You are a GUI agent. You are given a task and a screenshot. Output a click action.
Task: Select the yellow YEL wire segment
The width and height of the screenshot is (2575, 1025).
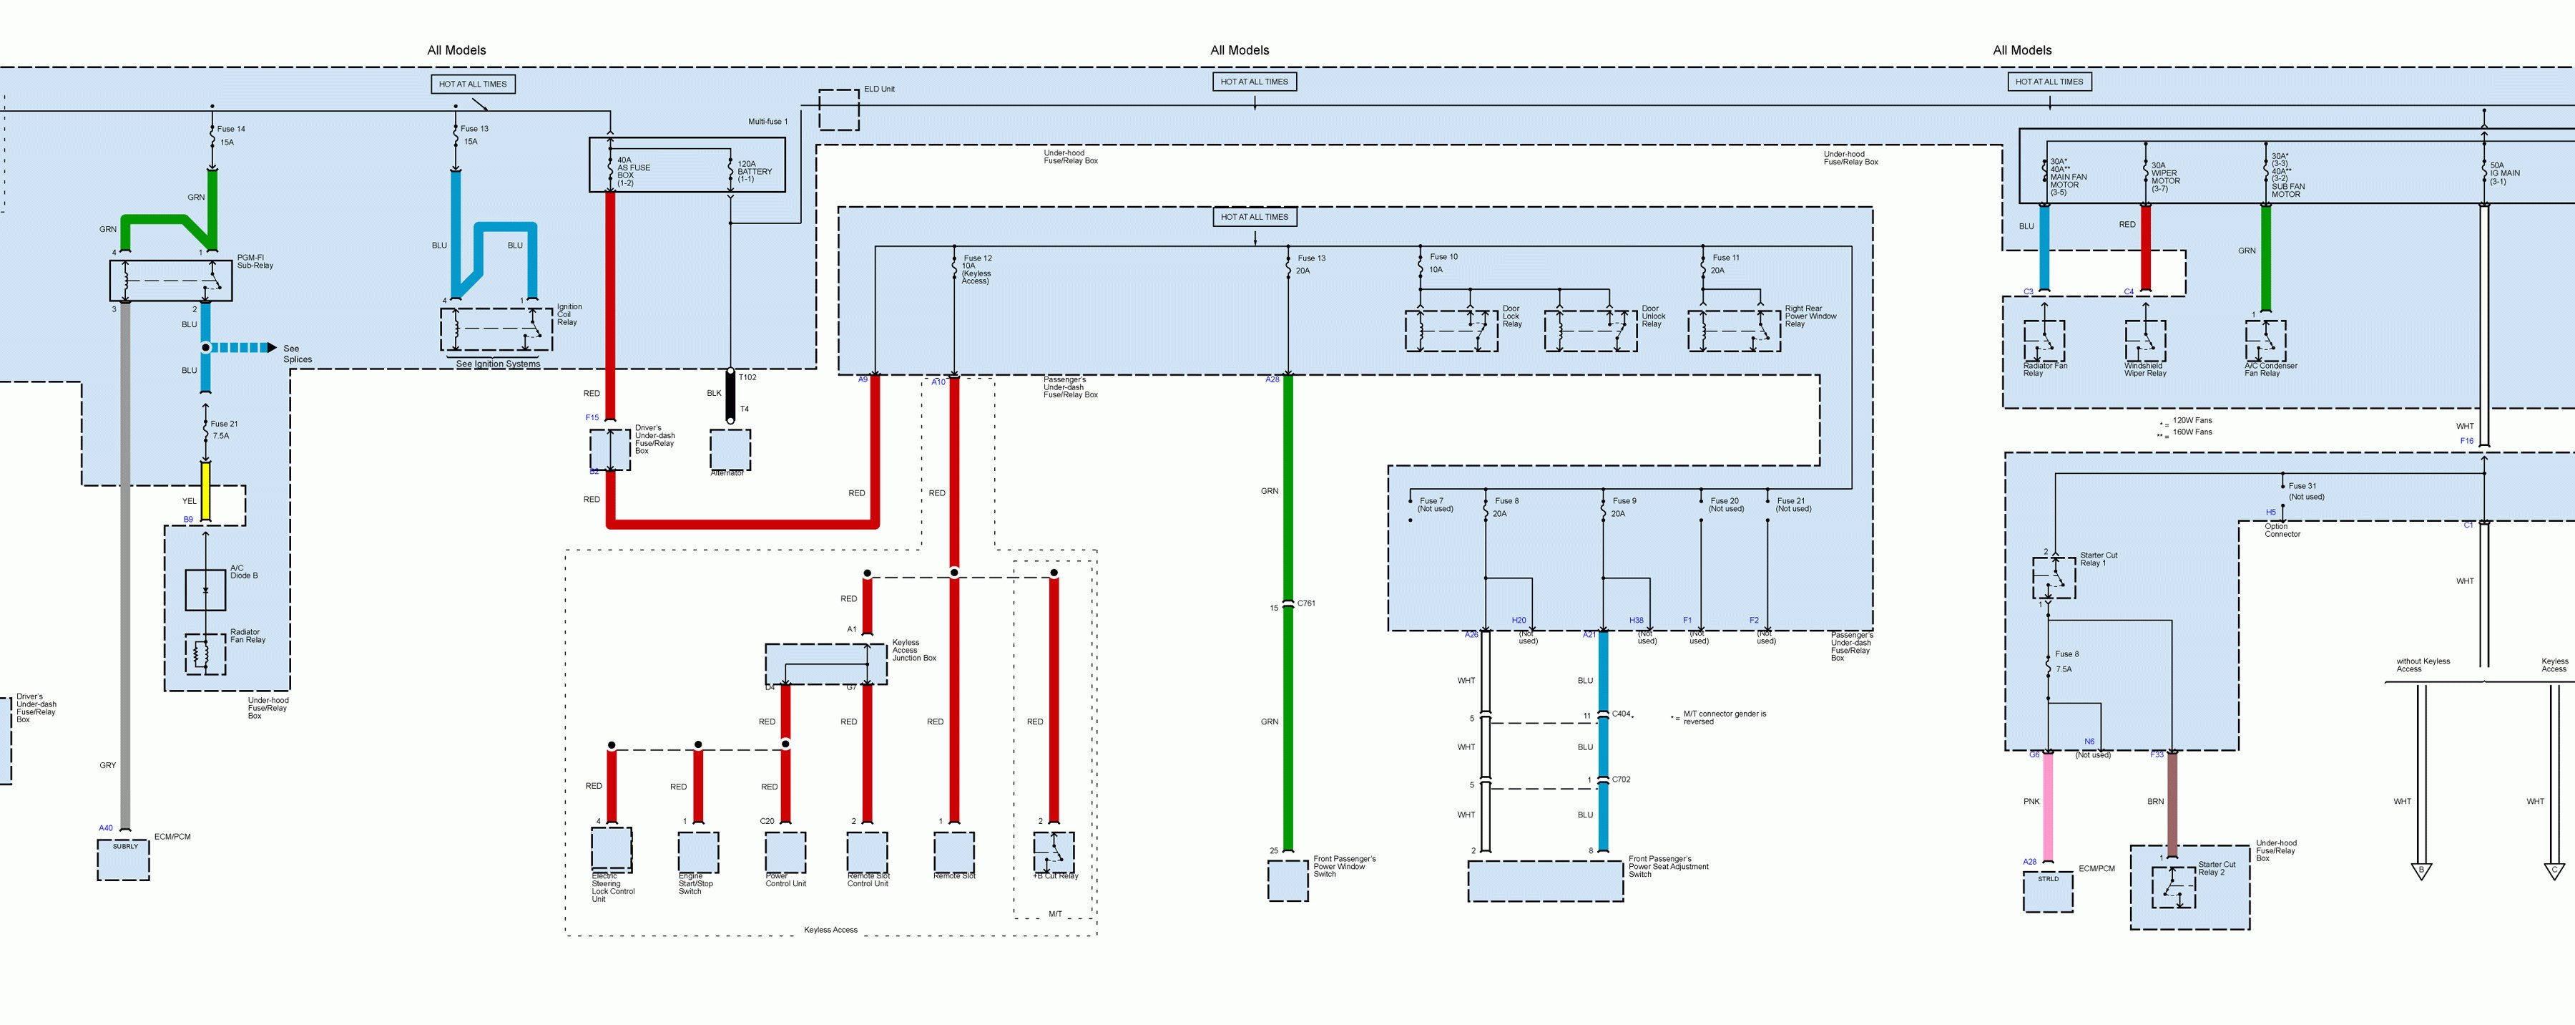pyautogui.click(x=206, y=490)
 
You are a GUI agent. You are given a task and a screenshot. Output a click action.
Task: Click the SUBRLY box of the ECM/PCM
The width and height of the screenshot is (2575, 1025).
pyautogui.click(x=124, y=860)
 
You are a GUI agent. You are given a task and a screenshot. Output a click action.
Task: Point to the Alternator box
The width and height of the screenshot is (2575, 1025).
pyautogui.click(x=730, y=450)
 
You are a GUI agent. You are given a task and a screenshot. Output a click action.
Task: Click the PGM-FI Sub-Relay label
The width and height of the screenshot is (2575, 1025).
pyautogui.click(x=255, y=262)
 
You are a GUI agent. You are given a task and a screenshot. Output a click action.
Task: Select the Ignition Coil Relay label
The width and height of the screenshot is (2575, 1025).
pyautogui.click(x=568, y=314)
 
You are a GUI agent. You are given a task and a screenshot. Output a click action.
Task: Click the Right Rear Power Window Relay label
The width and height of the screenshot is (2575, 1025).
pyautogui.click(x=1810, y=316)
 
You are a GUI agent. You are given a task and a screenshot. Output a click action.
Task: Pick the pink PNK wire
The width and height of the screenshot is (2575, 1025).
pyautogui.click(x=2047, y=805)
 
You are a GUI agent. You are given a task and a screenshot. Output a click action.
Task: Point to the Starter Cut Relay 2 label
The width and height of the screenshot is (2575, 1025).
pyautogui.click(x=2216, y=868)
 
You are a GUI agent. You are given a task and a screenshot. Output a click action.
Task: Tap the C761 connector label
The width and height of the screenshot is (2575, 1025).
pyautogui.click(x=1307, y=603)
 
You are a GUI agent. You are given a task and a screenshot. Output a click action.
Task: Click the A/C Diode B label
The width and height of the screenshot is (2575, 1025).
pyautogui.click(x=244, y=572)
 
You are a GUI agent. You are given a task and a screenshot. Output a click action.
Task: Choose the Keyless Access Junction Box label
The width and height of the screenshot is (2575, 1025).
pyautogui.click(x=913, y=650)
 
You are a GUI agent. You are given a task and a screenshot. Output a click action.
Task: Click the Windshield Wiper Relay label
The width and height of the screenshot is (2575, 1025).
pyautogui.click(x=2145, y=370)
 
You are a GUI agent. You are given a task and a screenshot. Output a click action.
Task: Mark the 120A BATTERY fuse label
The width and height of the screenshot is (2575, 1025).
pyautogui.click(x=754, y=171)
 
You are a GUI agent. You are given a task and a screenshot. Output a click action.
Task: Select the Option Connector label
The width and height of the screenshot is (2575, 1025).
pyautogui.click(x=2282, y=530)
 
